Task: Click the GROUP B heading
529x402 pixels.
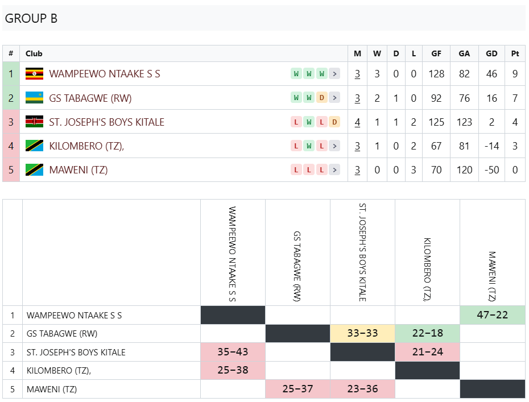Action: click(x=31, y=18)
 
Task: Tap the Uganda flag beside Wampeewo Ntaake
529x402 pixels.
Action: click(x=34, y=73)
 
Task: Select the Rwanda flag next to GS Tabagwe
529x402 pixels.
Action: click(x=34, y=98)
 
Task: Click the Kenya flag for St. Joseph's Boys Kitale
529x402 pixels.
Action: click(x=34, y=122)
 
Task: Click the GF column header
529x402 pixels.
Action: click(x=436, y=53)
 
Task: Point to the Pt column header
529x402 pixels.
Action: click(x=515, y=53)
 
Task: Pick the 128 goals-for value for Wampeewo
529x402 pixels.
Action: click(x=436, y=74)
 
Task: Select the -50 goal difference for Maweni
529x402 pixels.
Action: click(x=491, y=170)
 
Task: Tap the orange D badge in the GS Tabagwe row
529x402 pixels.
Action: click(x=322, y=98)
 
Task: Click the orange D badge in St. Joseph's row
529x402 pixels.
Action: click(x=334, y=122)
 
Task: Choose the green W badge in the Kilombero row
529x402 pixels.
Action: click(x=309, y=146)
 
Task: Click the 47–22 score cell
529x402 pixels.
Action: click(x=492, y=315)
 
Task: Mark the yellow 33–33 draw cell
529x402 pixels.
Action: click(x=363, y=333)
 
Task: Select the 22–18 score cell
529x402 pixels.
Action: click(x=427, y=333)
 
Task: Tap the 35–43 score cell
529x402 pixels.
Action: click(x=233, y=352)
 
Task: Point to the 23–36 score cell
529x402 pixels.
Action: click(x=363, y=389)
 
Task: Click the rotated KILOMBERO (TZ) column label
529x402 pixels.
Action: click(x=427, y=270)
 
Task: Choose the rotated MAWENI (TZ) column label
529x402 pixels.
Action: click(x=492, y=276)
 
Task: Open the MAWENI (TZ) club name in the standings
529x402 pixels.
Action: click(x=78, y=170)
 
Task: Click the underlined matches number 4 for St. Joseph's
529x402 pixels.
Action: click(x=357, y=122)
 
